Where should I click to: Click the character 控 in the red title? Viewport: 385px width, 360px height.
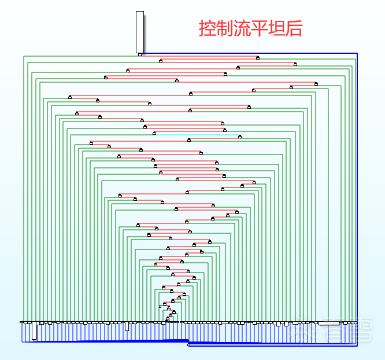[x=208, y=28]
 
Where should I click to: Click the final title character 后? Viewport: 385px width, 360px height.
[x=294, y=28]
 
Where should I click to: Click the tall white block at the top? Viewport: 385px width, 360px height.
[x=139, y=31]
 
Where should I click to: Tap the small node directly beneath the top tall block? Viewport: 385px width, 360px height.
[x=140, y=54]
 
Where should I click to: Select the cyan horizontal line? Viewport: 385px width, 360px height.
[x=197, y=135]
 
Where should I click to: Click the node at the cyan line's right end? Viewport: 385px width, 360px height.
[x=240, y=137]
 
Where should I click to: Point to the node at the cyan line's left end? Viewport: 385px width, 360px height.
[x=154, y=133]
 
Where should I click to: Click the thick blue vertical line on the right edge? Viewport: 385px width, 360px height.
[x=357, y=197]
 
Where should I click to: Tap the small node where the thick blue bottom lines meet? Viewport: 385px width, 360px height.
[x=189, y=344]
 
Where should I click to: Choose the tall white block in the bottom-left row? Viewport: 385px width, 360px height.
[x=34, y=331]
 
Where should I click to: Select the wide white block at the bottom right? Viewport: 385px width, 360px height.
[x=328, y=324]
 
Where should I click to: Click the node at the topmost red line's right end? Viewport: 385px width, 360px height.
[x=258, y=57]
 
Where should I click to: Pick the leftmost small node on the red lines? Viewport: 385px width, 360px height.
[x=70, y=97]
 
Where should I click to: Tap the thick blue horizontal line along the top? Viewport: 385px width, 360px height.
[x=249, y=54]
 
